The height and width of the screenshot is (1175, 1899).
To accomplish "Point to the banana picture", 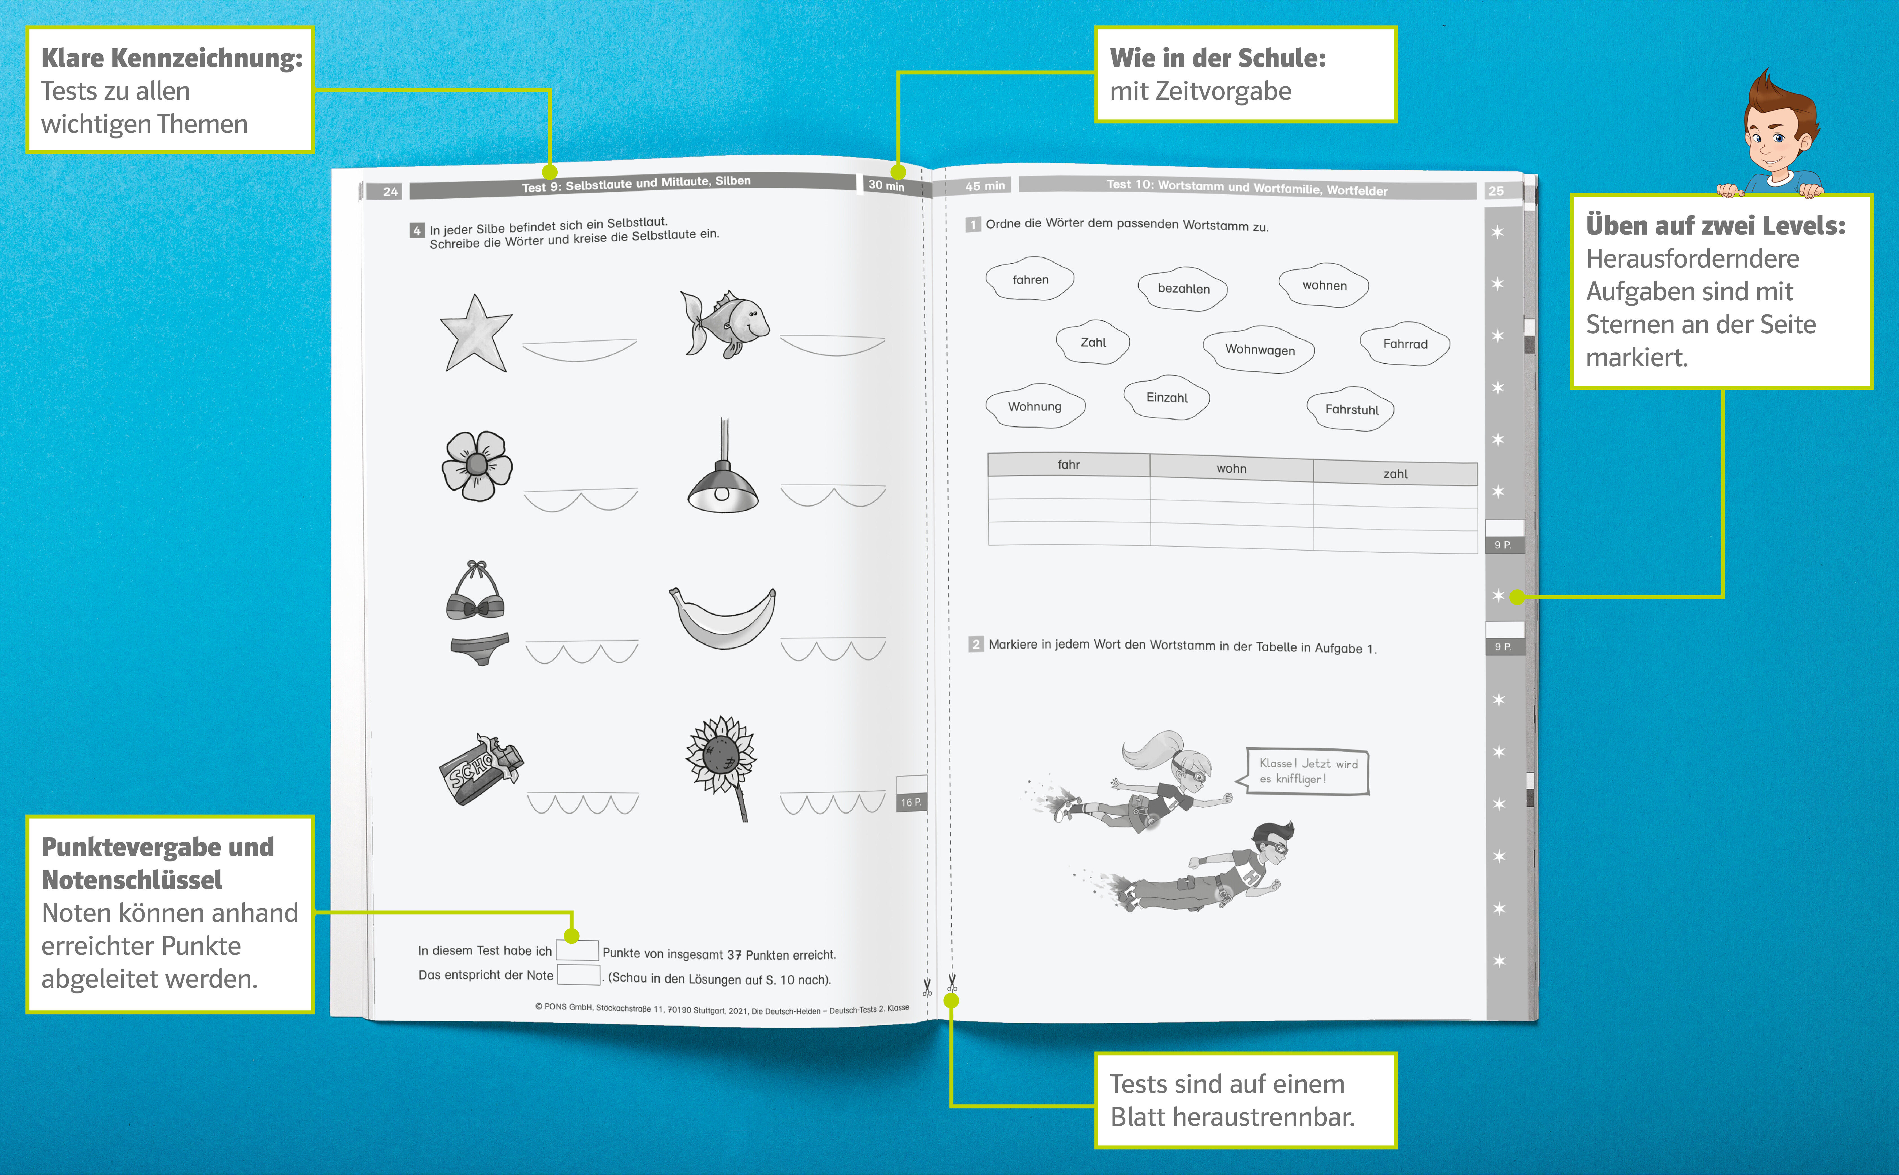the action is pyautogui.click(x=723, y=618).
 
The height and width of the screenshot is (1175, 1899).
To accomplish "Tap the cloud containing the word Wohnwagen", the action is pyautogui.click(x=1260, y=350).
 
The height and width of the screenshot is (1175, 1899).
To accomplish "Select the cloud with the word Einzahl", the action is pyautogui.click(x=1167, y=397).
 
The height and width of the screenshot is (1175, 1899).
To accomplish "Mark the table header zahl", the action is pyautogui.click(x=1395, y=473).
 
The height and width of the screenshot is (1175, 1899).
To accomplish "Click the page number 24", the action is pyautogui.click(x=390, y=191).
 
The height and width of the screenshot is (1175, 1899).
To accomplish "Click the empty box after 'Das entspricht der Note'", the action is pyautogui.click(x=579, y=975).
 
